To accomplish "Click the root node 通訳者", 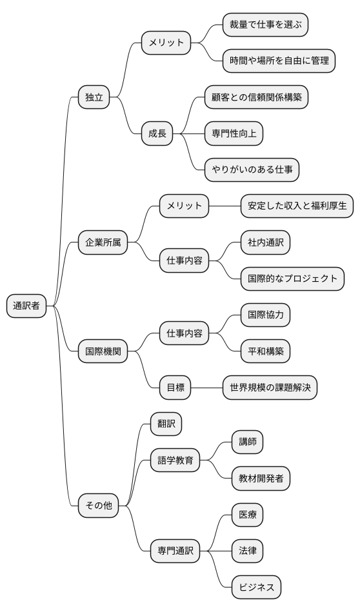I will (26, 306).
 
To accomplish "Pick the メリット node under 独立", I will (166, 43).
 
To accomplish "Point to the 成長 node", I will (157, 133).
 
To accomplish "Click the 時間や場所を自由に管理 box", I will (279, 61).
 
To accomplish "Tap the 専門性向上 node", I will (234, 133).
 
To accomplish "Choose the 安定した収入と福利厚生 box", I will (297, 206).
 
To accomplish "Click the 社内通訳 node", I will (265, 242).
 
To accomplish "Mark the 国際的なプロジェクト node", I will (292, 279).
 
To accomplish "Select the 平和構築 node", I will (265, 351).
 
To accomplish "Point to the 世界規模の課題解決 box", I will (270, 388).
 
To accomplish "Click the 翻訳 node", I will (166, 424).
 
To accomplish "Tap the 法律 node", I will (248, 551).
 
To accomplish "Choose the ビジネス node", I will (257, 587).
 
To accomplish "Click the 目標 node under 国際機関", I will (175, 388).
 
